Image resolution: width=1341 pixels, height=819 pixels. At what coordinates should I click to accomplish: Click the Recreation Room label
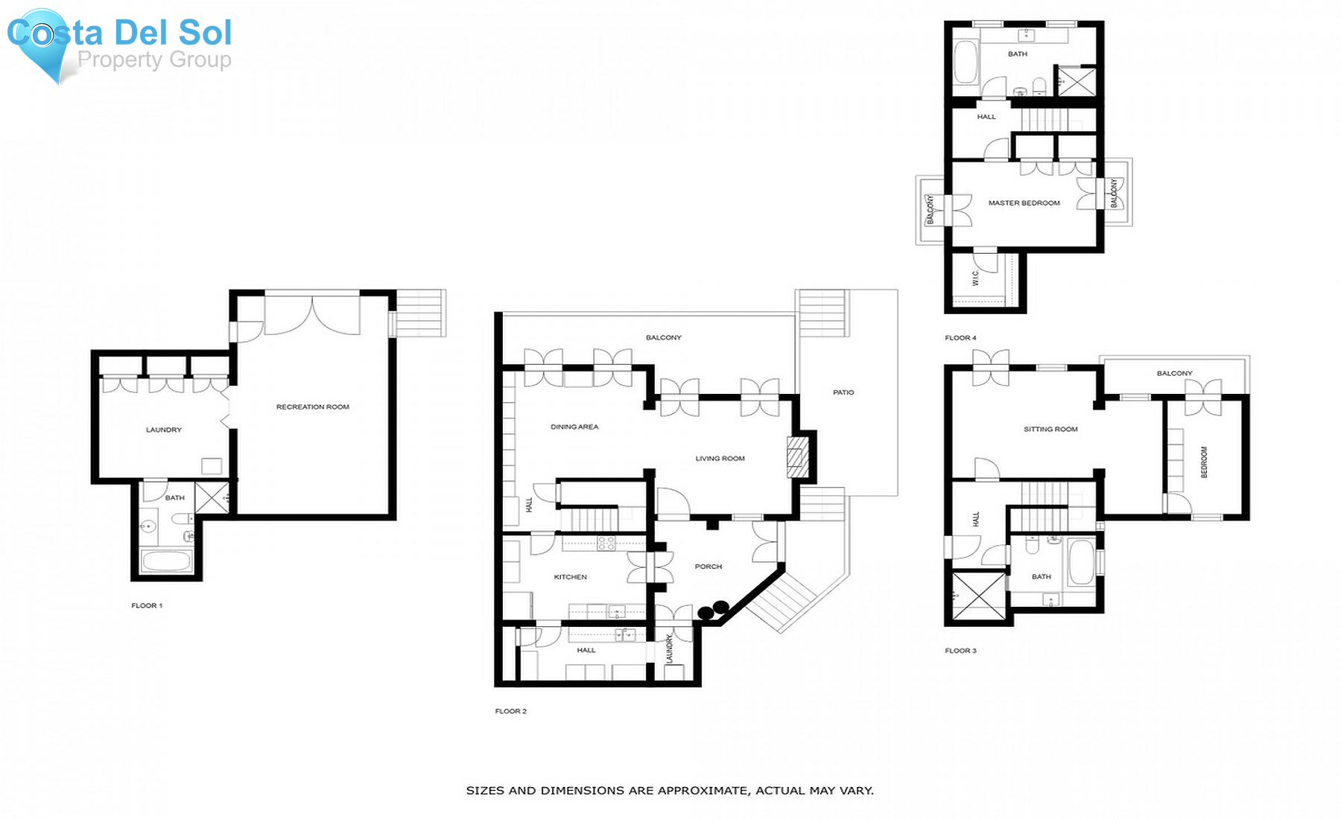click(x=312, y=407)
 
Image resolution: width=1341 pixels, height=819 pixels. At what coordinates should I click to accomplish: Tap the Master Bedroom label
click(x=1024, y=203)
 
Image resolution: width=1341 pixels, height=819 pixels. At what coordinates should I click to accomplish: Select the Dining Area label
click(x=574, y=427)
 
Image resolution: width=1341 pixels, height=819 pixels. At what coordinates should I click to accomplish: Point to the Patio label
click(x=843, y=392)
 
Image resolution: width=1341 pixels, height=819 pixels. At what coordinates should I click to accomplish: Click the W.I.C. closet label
click(x=975, y=278)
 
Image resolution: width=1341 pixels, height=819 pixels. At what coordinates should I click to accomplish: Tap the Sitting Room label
click(x=1050, y=430)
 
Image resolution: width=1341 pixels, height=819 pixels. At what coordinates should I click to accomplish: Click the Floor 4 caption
click(x=960, y=338)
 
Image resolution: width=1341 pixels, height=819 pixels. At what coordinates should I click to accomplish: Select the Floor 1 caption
click(x=147, y=606)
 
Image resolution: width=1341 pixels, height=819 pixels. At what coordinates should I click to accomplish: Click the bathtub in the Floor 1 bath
click(x=168, y=560)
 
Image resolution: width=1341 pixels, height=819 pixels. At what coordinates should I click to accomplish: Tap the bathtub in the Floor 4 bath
click(x=966, y=63)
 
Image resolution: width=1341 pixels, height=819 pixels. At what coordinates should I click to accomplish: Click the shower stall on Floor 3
click(x=978, y=595)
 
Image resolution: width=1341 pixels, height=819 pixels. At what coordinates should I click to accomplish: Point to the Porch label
click(x=708, y=567)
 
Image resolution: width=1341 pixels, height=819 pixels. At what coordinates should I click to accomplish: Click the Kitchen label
click(x=570, y=577)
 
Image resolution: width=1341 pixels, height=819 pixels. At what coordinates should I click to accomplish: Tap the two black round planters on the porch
click(x=713, y=611)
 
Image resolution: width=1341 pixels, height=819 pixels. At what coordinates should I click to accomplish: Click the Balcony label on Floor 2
click(x=663, y=338)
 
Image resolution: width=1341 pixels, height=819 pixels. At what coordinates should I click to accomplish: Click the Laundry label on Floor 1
click(x=163, y=430)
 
